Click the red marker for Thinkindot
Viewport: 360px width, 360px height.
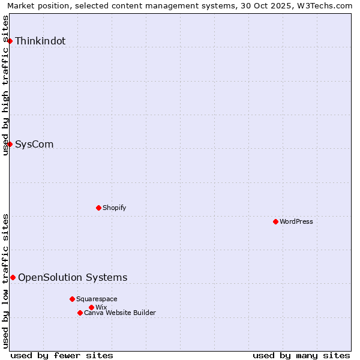click(x=10, y=41)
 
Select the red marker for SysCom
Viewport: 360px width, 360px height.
click(x=10, y=144)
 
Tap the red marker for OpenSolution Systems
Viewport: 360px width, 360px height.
click(x=13, y=277)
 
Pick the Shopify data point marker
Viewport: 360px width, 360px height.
click(x=98, y=208)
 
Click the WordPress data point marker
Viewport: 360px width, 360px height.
click(x=275, y=221)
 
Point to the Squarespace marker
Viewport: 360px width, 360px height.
click(x=72, y=299)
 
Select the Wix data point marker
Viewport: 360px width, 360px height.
click(x=91, y=307)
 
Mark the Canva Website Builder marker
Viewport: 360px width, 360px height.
click(x=80, y=313)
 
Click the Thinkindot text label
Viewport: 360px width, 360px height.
click(x=40, y=41)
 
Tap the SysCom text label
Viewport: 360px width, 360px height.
click(x=34, y=144)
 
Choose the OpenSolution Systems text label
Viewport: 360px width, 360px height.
click(x=73, y=277)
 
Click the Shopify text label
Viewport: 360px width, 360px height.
click(x=114, y=208)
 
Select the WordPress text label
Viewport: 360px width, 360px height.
click(x=296, y=221)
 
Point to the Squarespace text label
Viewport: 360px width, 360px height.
click(x=97, y=299)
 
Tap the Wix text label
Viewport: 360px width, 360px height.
click(x=101, y=307)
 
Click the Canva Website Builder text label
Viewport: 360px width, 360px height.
click(x=120, y=313)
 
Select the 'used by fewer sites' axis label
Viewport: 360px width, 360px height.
click(x=62, y=355)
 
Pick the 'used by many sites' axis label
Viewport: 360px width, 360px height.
click(x=301, y=355)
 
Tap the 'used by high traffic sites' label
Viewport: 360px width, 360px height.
click(x=5, y=85)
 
